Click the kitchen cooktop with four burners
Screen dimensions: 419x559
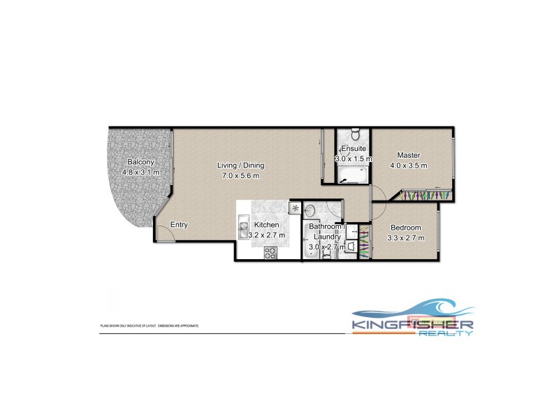(x=270, y=253)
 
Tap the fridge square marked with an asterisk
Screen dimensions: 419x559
(x=295, y=208)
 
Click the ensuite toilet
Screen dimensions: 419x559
(x=354, y=135)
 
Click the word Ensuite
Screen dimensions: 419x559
(x=352, y=149)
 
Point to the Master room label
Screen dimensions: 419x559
(x=408, y=155)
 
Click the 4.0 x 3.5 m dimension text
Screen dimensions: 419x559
(x=408, y=166)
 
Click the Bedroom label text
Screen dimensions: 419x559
(x=405, y=228)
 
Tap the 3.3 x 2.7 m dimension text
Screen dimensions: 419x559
(x=405, y=239)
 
